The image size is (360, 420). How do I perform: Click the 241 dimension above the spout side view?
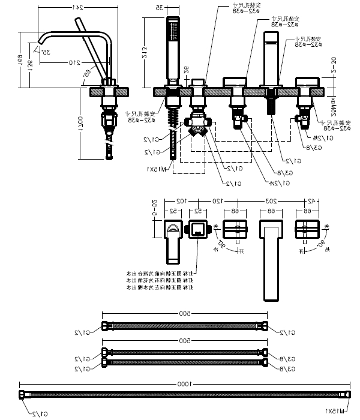76,8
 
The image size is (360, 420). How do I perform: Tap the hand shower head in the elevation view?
172,33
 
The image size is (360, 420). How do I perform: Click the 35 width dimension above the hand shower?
160,8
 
